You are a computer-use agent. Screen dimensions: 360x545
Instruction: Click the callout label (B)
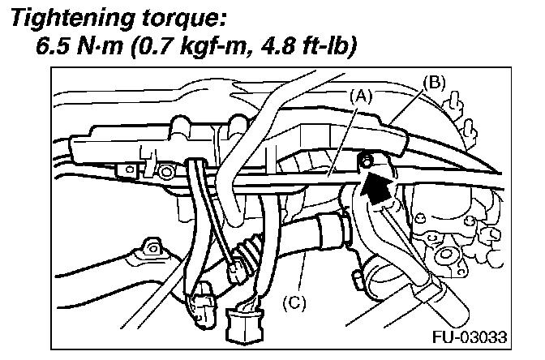435,81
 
